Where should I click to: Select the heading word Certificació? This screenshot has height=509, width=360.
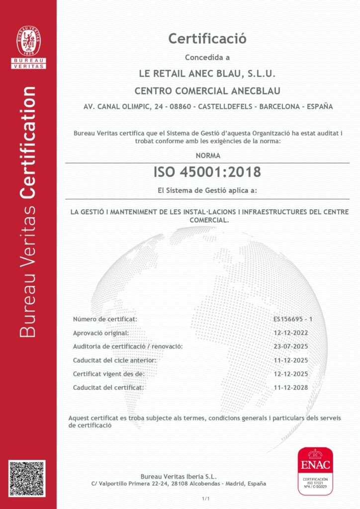(207, 38)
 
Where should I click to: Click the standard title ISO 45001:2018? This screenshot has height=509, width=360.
(207, 172)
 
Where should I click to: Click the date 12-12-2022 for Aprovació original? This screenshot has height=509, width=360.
(290, 333)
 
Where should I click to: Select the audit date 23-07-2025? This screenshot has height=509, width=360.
(290, 346)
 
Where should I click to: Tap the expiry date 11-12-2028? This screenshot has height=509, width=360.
(290, 387)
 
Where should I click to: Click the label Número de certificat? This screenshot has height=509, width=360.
(105, 319)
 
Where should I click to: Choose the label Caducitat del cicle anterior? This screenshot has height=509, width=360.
(114, 360)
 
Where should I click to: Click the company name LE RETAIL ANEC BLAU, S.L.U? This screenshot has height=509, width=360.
(207, 74)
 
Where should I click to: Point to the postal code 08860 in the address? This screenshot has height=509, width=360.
(174, 106)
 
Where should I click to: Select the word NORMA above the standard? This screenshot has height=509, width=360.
(207, 156)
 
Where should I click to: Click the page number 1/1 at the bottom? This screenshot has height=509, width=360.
(206, 498)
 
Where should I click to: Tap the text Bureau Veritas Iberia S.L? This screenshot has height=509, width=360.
(179, 476)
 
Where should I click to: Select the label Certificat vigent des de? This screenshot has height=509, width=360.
(108, 374)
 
